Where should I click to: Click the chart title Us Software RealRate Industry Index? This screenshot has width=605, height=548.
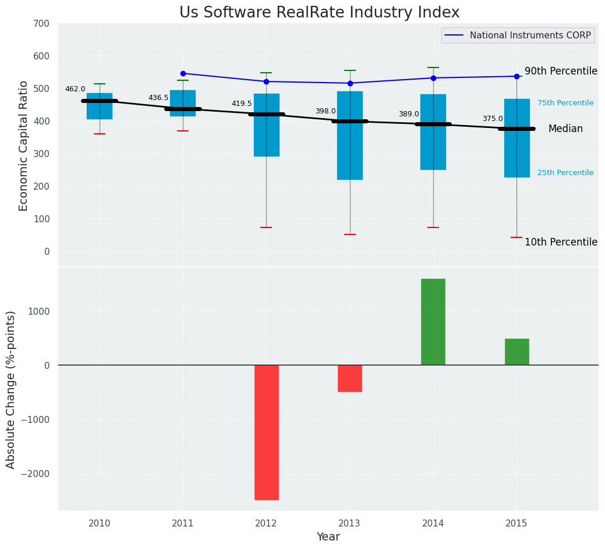click(319, 13)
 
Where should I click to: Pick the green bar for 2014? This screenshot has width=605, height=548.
click(433, 322)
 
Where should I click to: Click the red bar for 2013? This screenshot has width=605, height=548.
click(350, 378)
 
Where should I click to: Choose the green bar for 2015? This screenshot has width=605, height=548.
click(516, 352)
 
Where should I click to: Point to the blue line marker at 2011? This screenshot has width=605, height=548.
click(183, 73)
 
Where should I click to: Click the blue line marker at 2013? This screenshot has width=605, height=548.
click(350, 83)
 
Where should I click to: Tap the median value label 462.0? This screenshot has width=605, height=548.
click(75, 89)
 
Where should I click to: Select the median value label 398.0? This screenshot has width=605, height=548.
click(326, 111)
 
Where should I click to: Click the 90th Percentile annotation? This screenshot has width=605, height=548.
click(561, 71)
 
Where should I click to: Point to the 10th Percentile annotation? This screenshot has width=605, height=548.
click(561, 242)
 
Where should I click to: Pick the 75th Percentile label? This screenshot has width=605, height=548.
click(565, 103)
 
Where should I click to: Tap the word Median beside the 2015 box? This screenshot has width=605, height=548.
click(565, 129)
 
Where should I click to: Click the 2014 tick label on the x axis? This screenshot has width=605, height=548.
click(433, 524)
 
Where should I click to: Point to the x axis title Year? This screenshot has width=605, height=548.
click(328, 537)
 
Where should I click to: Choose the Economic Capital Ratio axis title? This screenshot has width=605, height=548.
click(24, 145)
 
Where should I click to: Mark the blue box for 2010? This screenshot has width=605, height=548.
click(100, 106)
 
